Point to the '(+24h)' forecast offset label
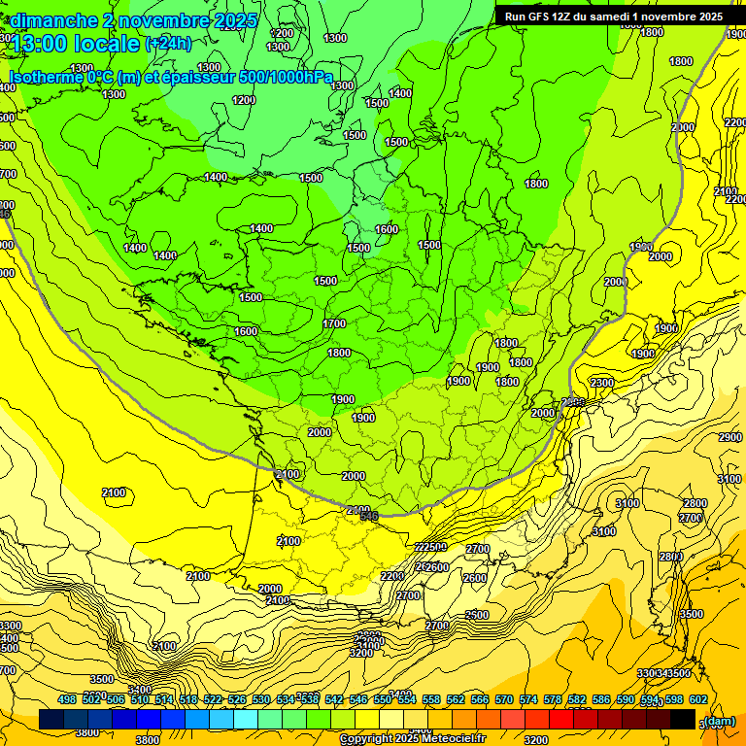[x=168, y=44]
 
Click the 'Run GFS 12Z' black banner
[x=613, y=17]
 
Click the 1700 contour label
[x=334, y=323]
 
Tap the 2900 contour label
[x=729, y=438]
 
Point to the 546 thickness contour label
[x=369, y=516]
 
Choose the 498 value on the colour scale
[x=67, y=699]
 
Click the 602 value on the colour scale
[x=697, y=699]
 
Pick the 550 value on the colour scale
[x=382, y=699]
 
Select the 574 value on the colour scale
[x=528, y=699]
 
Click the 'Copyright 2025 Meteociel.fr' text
[x=412, y=739]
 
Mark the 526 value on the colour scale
[x=237, y=699]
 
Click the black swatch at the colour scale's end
[x=682, y=720]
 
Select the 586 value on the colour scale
[x=601, y=699]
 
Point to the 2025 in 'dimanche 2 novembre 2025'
[x=234, y=20]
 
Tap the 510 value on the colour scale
[x=140, y=699]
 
